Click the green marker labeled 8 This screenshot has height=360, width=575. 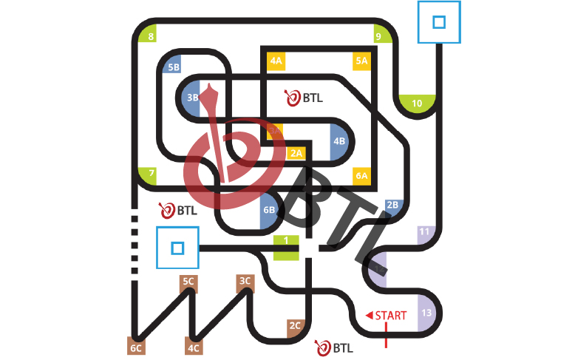point(150,36)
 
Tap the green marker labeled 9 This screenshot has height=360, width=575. point(380,35)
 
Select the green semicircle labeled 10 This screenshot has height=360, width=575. point(418,103)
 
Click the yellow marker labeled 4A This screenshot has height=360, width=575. point(276,61)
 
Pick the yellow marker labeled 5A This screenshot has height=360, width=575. point(361,61)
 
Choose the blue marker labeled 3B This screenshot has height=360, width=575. point(191,97)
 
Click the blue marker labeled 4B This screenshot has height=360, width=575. point(339,140)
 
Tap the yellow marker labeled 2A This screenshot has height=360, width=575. point(296,153)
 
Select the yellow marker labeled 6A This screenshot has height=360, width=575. point(361,175)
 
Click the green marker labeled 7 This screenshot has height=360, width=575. point(150,175)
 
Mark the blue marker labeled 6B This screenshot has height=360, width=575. point(269,210)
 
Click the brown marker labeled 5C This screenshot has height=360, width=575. point(188,281)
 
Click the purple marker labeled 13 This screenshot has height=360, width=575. point(427,313)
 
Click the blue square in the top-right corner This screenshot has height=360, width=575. point(439,22)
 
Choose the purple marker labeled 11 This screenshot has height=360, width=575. point(425,233)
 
